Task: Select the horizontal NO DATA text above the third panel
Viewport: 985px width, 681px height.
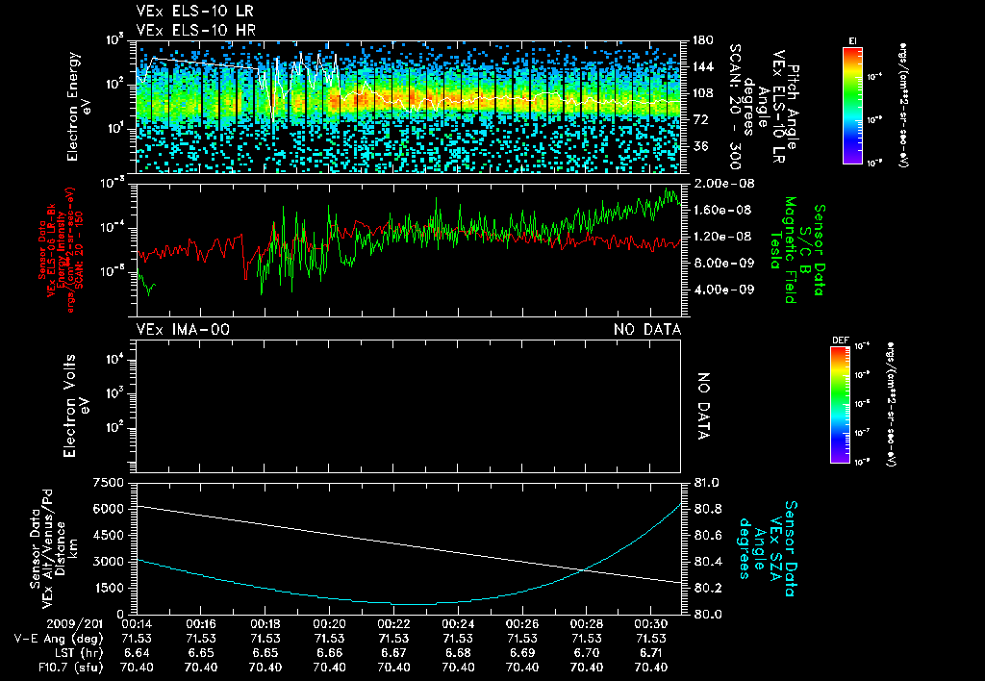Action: coord(647,330)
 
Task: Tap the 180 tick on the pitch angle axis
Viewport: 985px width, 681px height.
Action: coord(701,40)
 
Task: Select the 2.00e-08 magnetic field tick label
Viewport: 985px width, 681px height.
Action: coord(721,183)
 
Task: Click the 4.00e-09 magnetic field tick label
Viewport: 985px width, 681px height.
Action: coord(721,290)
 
